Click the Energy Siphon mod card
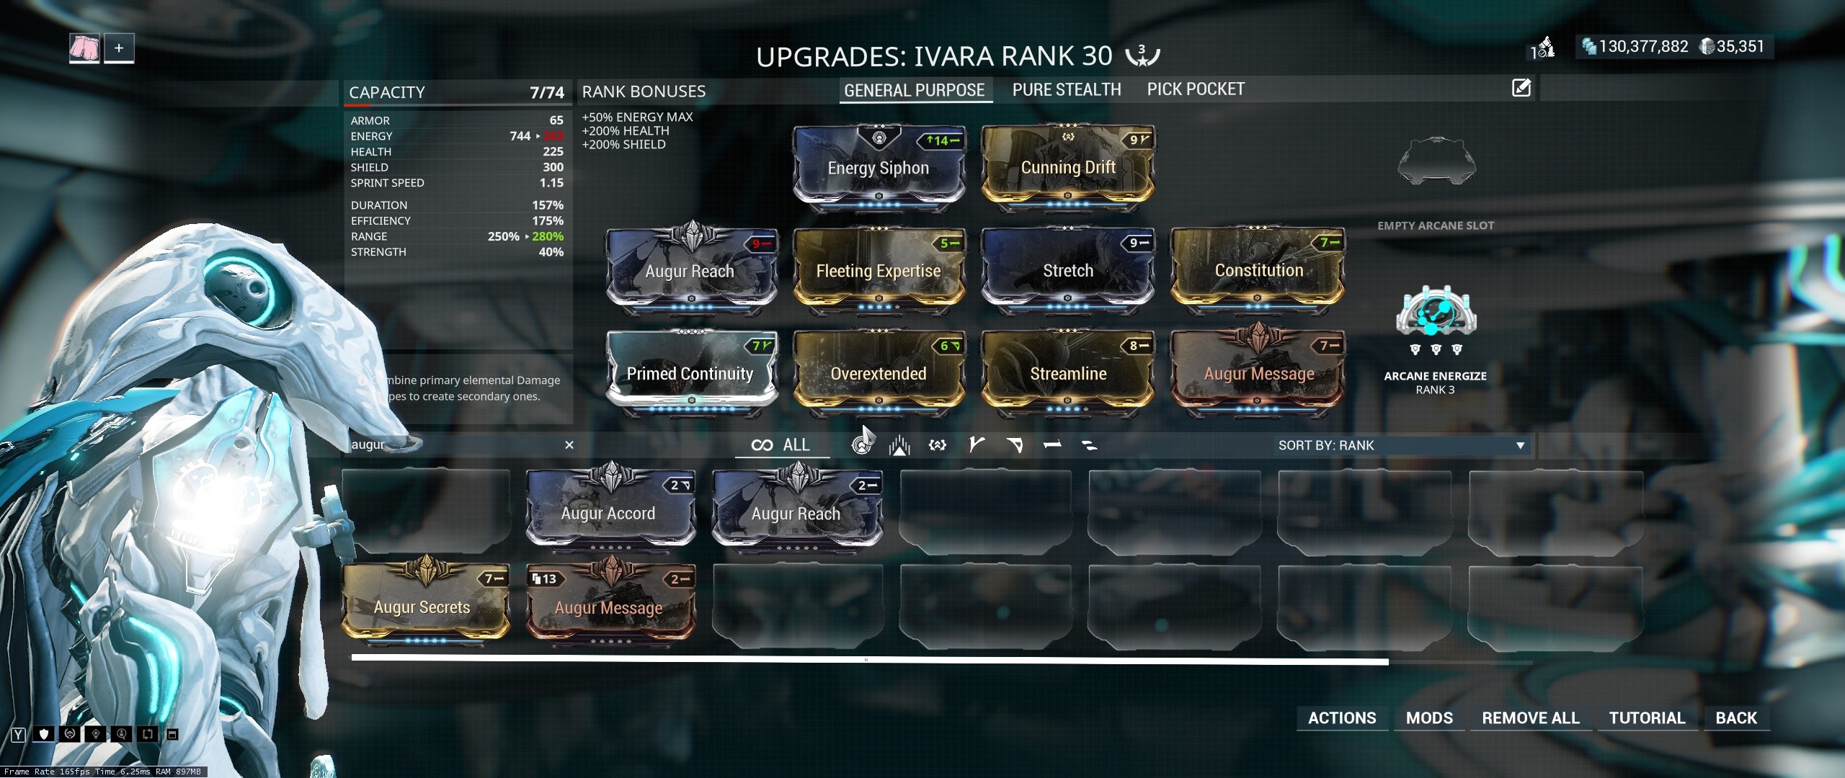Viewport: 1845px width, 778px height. coord(878,167)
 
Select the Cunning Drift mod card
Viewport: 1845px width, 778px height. coord(1067,167)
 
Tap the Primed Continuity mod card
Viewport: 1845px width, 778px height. coord(690,373)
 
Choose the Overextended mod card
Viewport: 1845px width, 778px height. coord(878,373)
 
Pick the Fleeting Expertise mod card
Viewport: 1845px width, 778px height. coord(878,270)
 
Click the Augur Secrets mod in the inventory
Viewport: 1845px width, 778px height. coord(422,607)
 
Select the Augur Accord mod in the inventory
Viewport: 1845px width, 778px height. coord(608,513)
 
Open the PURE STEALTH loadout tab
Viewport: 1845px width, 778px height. coord(1067,89)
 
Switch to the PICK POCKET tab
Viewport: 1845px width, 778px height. coord(1196,89)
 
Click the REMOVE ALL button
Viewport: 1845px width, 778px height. coord(1530,717)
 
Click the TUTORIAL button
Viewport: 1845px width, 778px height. coord(1647,717)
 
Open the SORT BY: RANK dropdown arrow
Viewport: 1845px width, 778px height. coord(1520,445)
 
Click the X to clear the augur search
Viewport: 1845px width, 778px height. coord(569,444)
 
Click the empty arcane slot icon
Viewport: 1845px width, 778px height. coord(1436,161)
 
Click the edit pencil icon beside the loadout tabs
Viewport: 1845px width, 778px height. coord(1521,88)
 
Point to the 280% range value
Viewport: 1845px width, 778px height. coord(548,236)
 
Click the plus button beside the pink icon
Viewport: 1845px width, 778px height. coord(119,48)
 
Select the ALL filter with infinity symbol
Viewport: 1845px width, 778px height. coord(781,444)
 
